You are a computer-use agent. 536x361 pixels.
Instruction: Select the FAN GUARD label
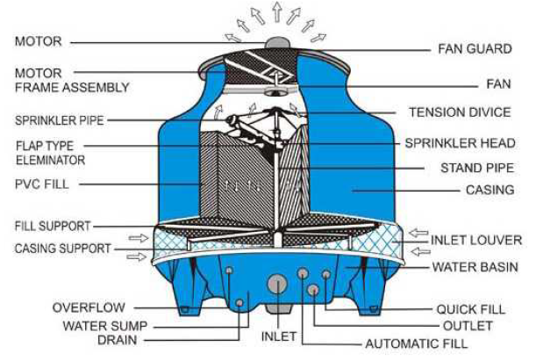[x=472, y=50]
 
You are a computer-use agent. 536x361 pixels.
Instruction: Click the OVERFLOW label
[x=88, y=307]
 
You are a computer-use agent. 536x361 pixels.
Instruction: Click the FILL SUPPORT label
[x=53, y=226]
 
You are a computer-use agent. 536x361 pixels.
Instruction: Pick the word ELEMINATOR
[x=51, y=161]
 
